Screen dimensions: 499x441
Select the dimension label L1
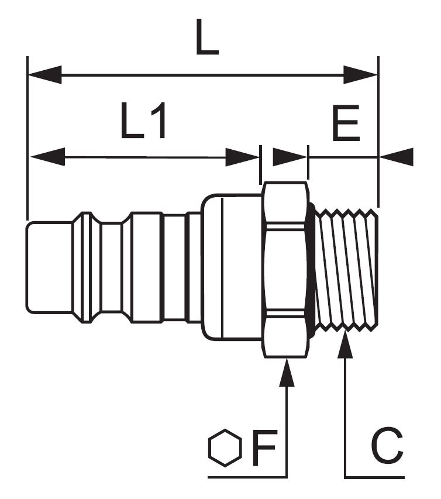(x=143, y=122)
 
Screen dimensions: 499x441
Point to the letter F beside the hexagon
(x=264, y=449)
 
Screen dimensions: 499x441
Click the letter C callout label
(x=387, y=448)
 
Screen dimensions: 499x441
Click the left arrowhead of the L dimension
(x=44, y=74)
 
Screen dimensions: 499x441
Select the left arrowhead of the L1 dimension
(x=47, y=157)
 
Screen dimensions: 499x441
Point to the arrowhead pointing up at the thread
(x=346, y=347)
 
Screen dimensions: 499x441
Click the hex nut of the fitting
(x=284, y=269)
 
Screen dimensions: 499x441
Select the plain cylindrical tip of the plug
(x=49, y=267)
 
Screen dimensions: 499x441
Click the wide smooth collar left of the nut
(x=232, y=267)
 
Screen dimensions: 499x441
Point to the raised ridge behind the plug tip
(x=85, y=267)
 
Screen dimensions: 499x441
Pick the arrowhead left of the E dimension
(x=290, y=157)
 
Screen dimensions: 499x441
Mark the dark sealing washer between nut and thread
(x=312, y=269)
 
